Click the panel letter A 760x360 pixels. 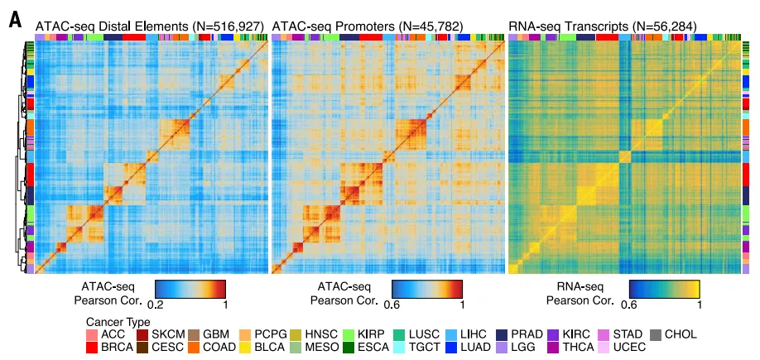[14, 18]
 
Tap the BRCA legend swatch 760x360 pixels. [93, 347]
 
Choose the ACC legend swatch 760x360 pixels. [93, 334]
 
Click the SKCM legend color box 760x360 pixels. [142, 334]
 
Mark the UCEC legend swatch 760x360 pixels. [604, 347]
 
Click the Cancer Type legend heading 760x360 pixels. [118, 321]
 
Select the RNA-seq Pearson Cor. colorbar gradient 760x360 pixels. [664, 288]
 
